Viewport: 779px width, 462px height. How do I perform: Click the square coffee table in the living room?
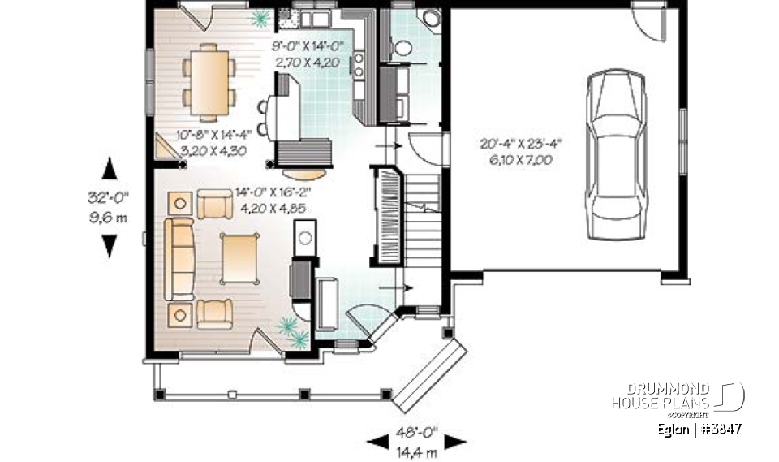point(239,258)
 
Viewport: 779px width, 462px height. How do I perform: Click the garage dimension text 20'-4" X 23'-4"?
point(521,145)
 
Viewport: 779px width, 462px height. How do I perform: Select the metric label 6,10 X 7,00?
point(521,160)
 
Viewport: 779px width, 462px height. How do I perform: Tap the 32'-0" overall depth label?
point(109,196)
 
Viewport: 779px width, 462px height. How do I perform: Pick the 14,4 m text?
point(417,448)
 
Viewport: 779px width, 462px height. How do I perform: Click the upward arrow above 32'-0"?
point(109,168)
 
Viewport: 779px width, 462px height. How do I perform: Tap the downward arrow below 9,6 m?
point(109,245)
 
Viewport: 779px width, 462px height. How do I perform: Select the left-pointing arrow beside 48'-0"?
point(377,441)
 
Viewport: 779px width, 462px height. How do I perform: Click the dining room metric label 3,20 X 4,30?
point(213,151)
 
